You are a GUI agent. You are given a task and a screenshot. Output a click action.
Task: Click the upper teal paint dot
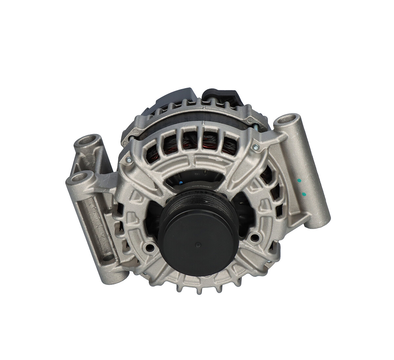coord(299,180)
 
